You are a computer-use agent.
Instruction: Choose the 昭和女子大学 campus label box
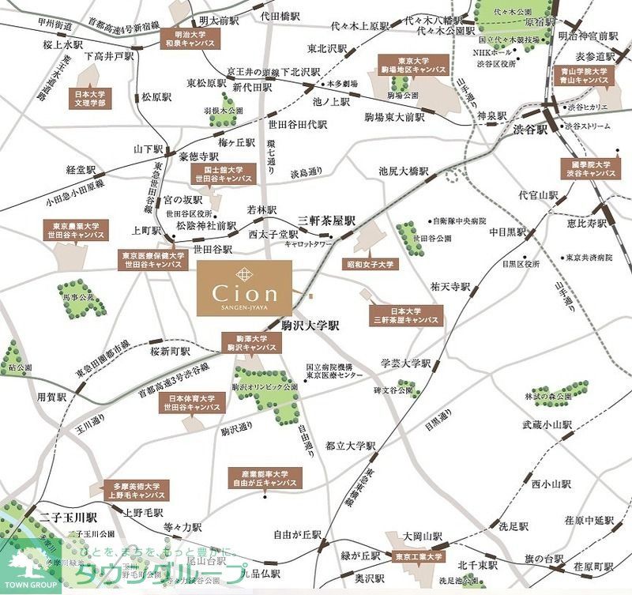pyautogui.click(x=370, y=264)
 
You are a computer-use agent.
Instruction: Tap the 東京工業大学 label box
pyautogui.click(x=418, y=559)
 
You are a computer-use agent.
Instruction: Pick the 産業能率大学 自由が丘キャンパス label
pyautogui.click(x=265, y=476)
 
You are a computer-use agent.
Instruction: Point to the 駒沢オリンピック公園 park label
pyautogui.click(x=265, y=387)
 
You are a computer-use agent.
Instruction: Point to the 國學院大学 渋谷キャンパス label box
pyautogui.click(x=586, y=169)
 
